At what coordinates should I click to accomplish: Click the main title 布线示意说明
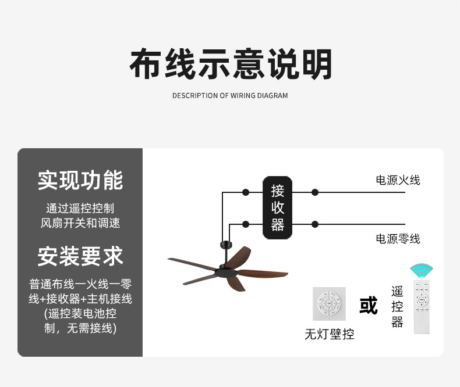pyautogui.click(x=230, y=64)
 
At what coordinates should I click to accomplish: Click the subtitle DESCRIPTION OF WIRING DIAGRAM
pyautogui.click(x=230, y=95)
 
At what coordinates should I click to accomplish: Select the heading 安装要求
pyautogui.click(x=80, y=256)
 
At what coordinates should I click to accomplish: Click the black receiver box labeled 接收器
pyautogui.click(x=277, y=207)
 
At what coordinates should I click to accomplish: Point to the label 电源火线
pyautogui.click(x=398, y=180)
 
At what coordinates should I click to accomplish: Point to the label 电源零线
pyautogui.click(x=398, y=239)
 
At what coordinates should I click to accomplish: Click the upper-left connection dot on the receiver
pyautogui.click(x=246, y=192)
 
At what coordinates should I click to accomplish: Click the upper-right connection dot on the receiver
pyautogui.click(x=315, y=192)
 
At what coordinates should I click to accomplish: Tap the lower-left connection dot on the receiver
pyautogui.click(x=246, y=224)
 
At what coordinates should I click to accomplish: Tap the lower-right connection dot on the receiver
pyautogui.click(x=315, y=224)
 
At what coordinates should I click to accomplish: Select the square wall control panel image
pyautogui.click(x=329, y=303)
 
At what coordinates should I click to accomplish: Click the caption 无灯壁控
pyautogui.click(x=329, y=335)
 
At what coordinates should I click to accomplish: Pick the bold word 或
pyautogui.click(x=369, y=306)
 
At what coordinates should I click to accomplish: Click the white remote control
pyautogui.click(x=421, y=306)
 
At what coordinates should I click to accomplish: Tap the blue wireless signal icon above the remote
pyautogui.click(x=421, y=270)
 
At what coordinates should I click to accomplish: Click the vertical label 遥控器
pyautogui.click(x=397, y=306)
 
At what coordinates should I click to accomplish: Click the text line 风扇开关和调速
pyautogui.click(x=80, y=223)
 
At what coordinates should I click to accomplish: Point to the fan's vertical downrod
pyautogui.click(x=222, y=253)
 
